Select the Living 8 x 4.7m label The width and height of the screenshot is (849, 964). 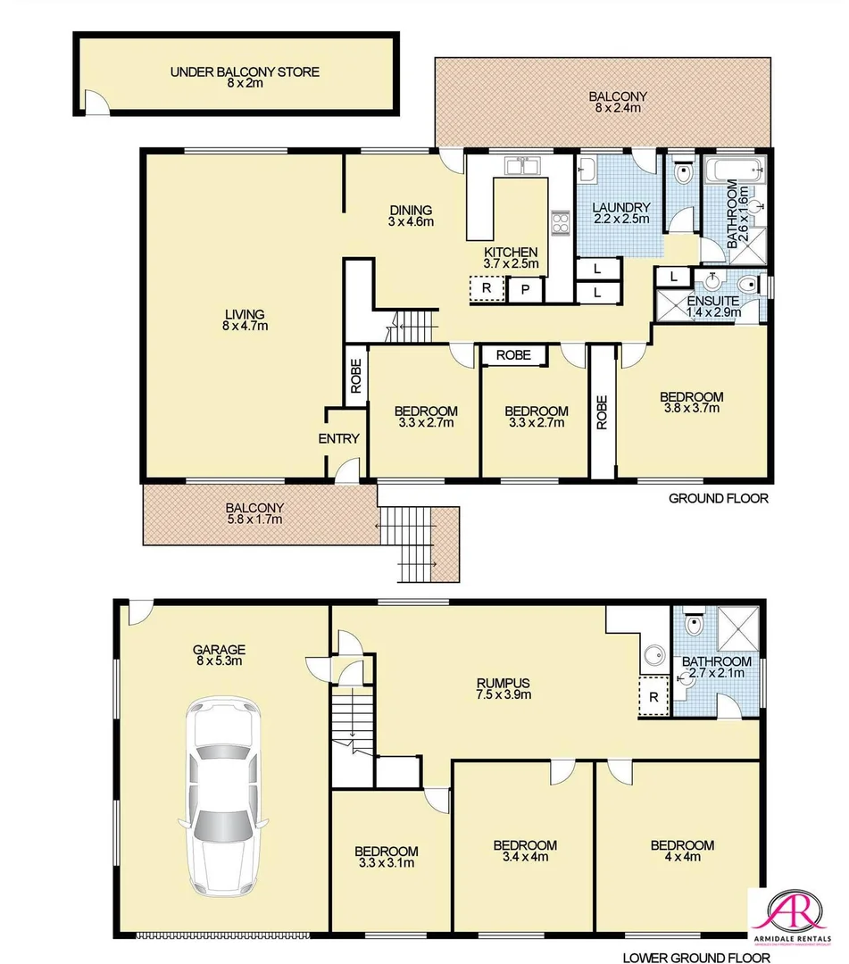point(244,320)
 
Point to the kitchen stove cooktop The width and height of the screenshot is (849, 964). point(561,222)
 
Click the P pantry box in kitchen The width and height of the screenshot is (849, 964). point(526,289)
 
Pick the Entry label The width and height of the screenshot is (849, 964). point(338,438)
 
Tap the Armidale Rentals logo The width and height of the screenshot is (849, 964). point(795,923)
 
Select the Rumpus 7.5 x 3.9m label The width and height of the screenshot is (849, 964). point(504,688)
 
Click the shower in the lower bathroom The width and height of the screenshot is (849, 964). point(735,628)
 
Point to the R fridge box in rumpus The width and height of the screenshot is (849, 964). point(653,696)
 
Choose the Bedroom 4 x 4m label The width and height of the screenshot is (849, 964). point(681,852)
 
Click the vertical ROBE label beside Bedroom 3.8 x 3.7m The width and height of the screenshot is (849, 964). point(602,412)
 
